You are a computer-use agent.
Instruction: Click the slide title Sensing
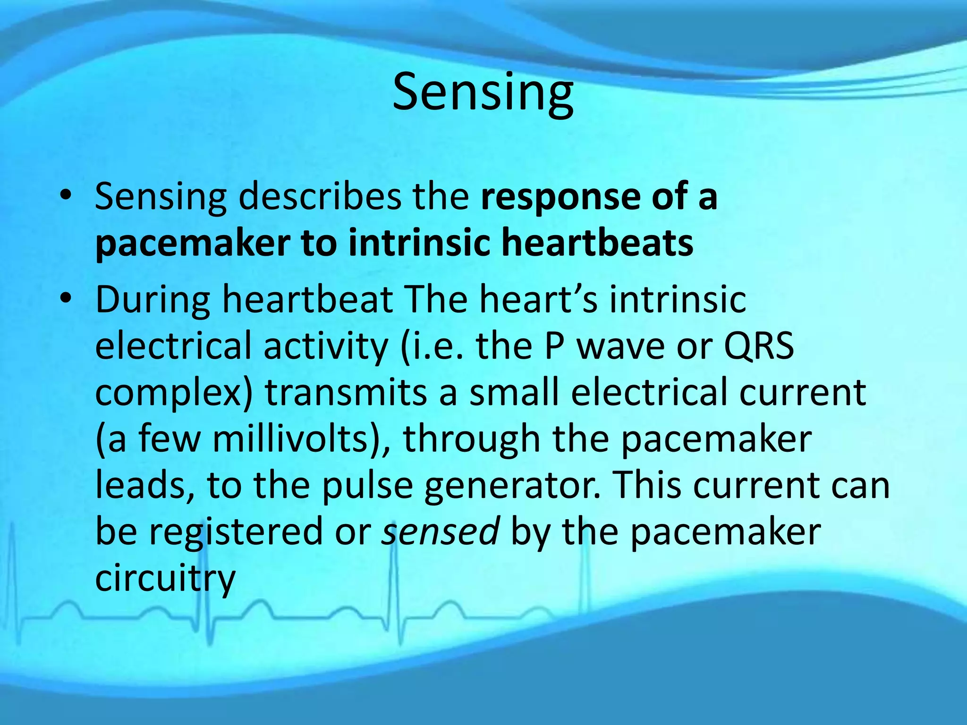[x=483, y=93]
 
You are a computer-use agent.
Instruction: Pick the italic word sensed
[x=440, y=531]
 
